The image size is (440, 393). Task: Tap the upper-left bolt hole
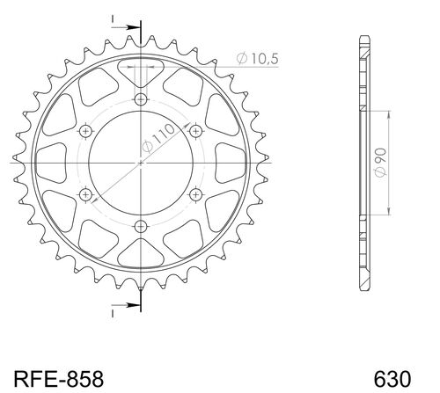click(x=85, y=131)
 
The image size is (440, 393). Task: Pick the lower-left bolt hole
click(x=85, y=195)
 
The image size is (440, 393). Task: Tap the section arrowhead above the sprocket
click(x=132, y=29)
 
